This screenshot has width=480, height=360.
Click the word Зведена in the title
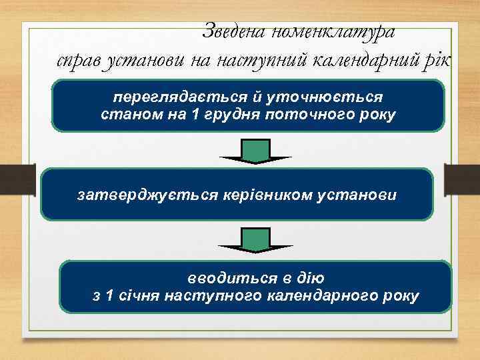click(x=234, y=31)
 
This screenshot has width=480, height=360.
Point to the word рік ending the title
click(x=437, y=61)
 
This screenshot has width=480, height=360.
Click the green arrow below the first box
click(x=255, y=151)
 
